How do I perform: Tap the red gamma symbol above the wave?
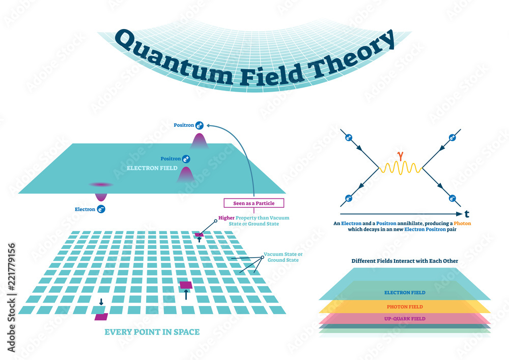coord(401,152)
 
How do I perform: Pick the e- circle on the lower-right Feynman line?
coord(452,198)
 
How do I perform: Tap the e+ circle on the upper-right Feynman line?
coord(452,137)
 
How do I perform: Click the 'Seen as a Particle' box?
coord(253,203)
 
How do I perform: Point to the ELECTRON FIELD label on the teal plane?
coord(153,168)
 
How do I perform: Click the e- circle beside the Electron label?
coord(101,208)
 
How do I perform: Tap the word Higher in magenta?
coord(227,218)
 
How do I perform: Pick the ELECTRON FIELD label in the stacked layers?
coord(405,293)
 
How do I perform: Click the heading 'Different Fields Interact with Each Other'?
coord(405,261)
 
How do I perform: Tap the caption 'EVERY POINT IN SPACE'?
coord(152,332)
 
